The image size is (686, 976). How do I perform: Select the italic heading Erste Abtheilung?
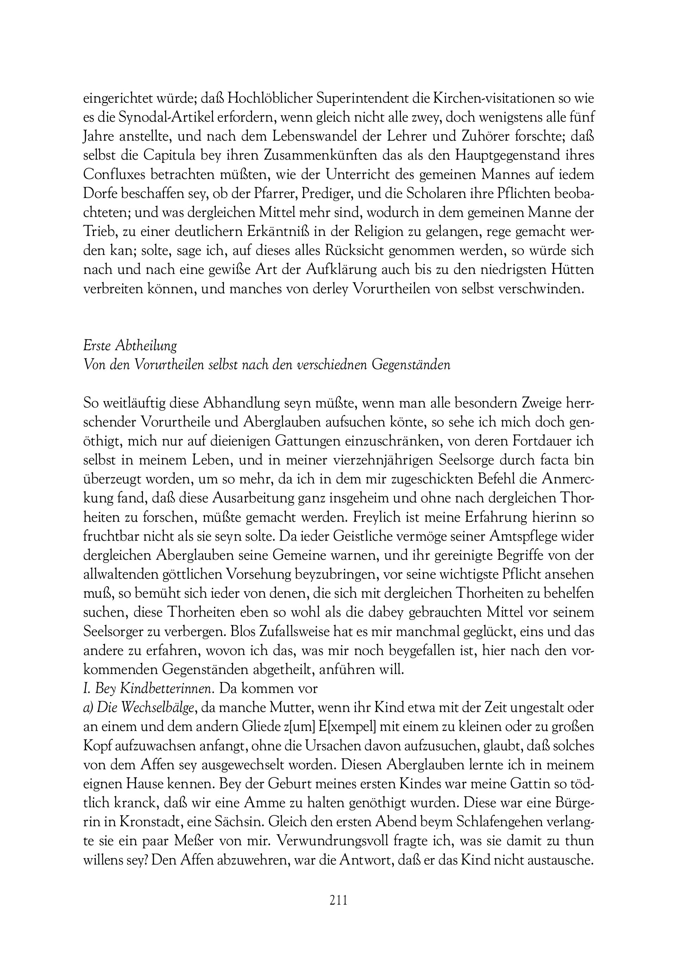click(x=130, y=346)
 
